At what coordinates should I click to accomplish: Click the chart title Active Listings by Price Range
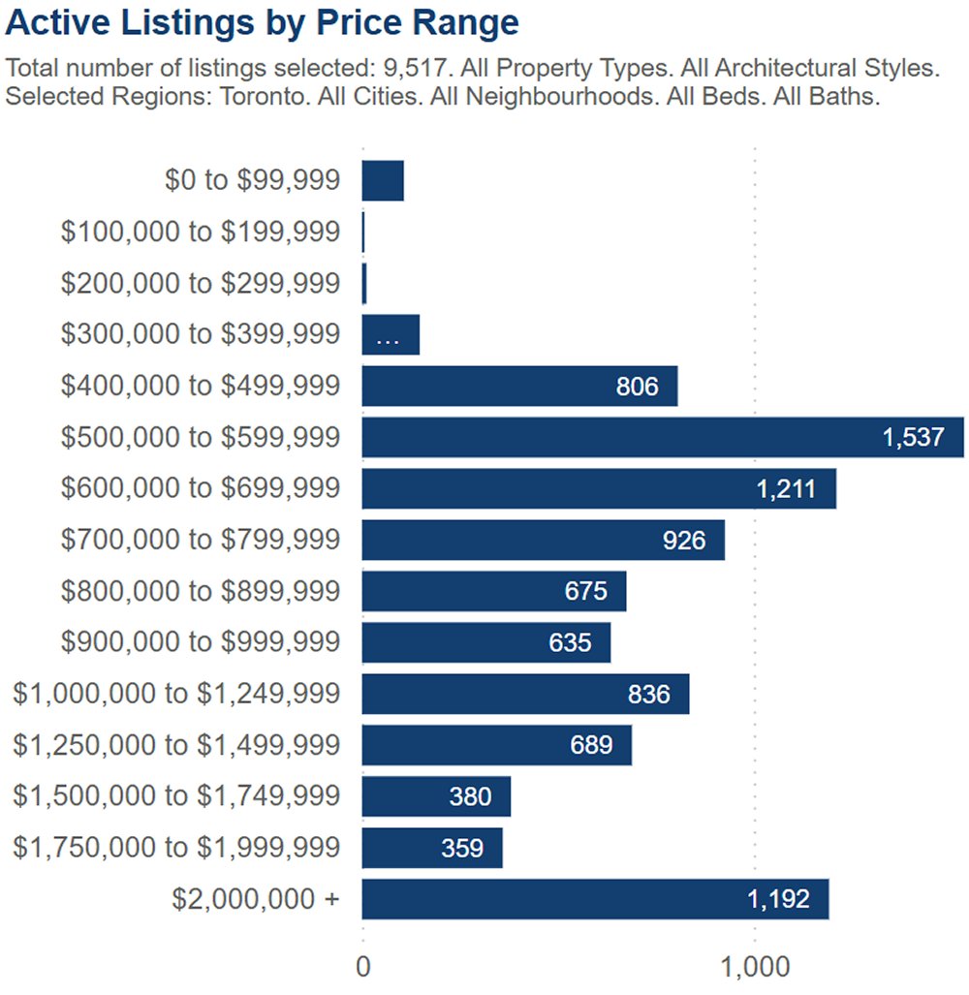(262, 23)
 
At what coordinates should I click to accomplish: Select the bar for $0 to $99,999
(383, 181)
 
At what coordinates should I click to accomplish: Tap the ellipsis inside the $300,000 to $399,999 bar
(387, 336)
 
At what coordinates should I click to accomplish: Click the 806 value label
(637, 388)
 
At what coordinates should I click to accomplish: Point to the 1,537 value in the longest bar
(913, 438)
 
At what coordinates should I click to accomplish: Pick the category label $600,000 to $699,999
(201, 488)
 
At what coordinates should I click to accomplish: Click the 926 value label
(684, 541)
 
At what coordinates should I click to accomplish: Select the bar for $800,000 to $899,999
(494, 591)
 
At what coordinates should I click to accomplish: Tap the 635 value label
(570, 643)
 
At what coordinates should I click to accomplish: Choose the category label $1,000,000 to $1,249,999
(176, 694)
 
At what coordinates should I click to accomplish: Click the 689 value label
(591, 745)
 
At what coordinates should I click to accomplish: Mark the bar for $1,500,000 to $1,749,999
(436, 796)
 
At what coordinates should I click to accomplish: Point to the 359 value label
(462, 849)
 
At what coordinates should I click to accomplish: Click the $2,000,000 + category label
(256, 899)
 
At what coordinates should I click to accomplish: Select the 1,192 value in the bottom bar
(778, 900)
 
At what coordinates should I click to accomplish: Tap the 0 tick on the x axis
(363, 968)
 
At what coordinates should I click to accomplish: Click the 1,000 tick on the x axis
(754, 968)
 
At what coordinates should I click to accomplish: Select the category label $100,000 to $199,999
(201, 233)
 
